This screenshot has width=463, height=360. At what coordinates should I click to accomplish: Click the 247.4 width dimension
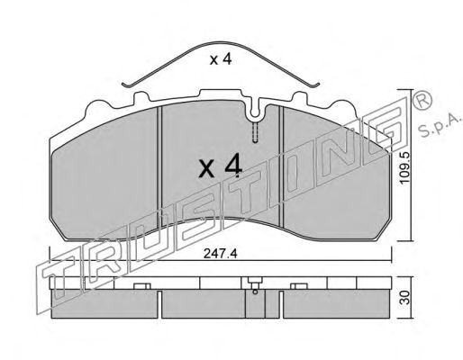(221, 254)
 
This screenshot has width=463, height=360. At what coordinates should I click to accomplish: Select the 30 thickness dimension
(405, 297)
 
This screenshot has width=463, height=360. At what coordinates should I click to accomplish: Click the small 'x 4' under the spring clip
(221, 59)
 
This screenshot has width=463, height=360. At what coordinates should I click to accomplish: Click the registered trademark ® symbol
(422, 100)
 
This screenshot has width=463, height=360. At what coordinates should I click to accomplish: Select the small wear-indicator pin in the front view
(255, 132)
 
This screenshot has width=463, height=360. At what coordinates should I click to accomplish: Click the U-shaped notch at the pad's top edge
(255, 110)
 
